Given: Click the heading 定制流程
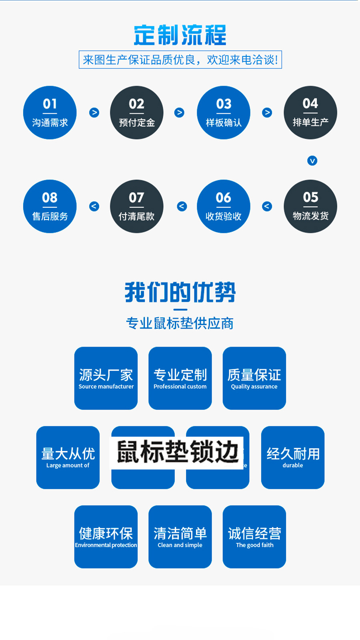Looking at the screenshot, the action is point(180,35).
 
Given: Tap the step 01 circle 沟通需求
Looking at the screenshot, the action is point(50,112).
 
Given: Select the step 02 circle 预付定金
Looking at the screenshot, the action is point(137,112).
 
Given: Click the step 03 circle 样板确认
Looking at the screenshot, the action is point(224,112).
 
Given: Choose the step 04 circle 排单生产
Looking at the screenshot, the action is point(310,112).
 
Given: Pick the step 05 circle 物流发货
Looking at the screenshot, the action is point(310,206).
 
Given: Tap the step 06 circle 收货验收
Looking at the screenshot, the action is point(224,206).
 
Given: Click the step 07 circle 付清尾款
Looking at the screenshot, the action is point(137,206).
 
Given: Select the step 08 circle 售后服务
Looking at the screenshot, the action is point(50,206).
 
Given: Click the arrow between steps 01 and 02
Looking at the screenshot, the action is point(94,112).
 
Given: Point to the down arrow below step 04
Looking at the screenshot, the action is point(312,161).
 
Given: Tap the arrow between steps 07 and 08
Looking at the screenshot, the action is point(94,207).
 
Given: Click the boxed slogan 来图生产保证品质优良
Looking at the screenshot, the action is point(180,60).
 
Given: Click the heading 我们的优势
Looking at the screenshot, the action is point(180,292).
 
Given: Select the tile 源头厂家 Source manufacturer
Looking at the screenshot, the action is point(106,378).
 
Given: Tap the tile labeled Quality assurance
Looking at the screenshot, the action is point(254,378).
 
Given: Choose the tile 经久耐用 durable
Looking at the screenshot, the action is point(293,457).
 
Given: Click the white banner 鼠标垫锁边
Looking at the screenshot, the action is point(176,453).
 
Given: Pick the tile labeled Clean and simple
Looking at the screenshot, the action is point(180,537).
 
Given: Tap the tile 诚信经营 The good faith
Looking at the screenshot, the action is point(254,537).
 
